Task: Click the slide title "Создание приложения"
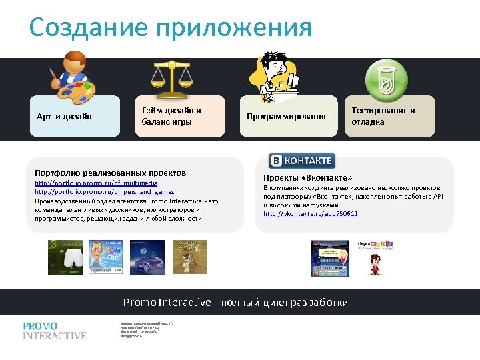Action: pos(170,28)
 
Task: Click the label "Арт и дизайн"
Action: pos(64,117)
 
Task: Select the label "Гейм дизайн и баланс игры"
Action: pos(171,116)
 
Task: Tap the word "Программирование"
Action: pos(287,117)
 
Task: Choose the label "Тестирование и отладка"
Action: pos(383,116)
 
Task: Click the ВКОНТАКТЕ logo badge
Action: pos(301,161)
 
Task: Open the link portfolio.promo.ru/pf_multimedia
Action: pos(96,183)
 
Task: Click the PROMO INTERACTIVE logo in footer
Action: pos(55,331)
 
